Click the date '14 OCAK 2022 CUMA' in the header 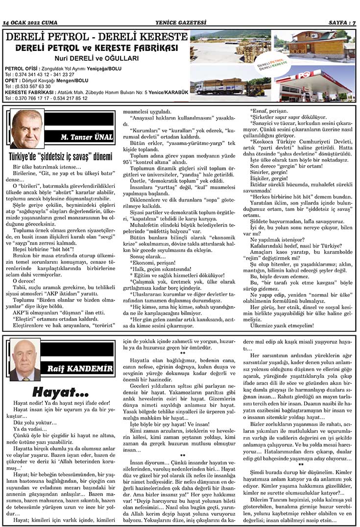click(30, 23)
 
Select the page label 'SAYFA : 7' click(341, 23)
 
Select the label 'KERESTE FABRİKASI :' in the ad click(29, 92)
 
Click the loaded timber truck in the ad click(220, 87)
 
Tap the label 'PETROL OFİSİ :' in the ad click(21, 69)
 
